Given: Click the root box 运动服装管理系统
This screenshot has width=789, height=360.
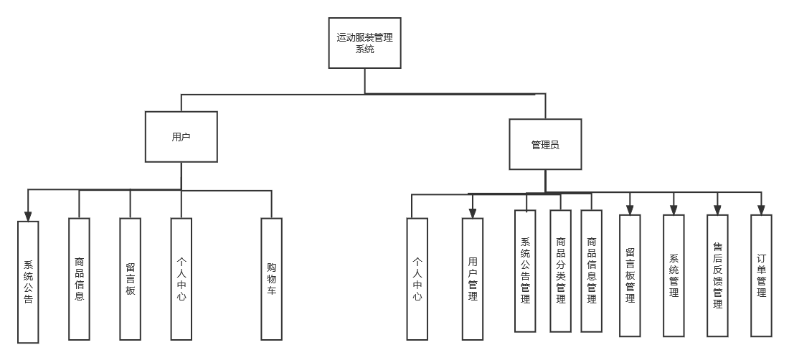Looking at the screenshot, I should pos(364,43).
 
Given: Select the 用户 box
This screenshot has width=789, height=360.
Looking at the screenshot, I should pos(181,136).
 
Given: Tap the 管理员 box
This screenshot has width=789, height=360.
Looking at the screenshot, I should pos(545,144).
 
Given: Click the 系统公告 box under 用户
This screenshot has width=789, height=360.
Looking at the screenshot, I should pos(28,282).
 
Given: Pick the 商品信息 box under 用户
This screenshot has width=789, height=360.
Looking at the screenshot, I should pos(79,278).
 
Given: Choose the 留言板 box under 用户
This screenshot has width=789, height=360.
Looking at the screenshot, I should pos(130,278).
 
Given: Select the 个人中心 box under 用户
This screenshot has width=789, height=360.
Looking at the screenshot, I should pos(181,278).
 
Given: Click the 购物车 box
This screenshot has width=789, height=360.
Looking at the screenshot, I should pos(271,278).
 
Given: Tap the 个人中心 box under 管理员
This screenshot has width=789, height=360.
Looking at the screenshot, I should pos(417,278).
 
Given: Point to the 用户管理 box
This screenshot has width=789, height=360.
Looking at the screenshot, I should pos(472,278).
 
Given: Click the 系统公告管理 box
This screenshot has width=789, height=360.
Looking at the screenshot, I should pos(525,270).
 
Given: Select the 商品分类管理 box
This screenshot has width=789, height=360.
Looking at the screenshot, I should pos(560,270).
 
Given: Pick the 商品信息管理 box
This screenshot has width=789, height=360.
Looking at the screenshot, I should pos(591,270).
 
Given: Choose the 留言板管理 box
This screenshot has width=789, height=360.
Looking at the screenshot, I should pos(630,275).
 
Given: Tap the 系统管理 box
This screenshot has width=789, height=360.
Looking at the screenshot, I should pos(674,275).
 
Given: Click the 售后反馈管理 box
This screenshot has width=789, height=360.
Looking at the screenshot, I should pos(717,275).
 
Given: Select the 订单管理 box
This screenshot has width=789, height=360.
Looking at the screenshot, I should pos(761,275).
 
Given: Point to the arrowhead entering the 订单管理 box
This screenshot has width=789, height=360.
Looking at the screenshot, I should pos(761,210).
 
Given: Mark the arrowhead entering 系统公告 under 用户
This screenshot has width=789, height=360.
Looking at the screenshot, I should pos(28,216).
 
